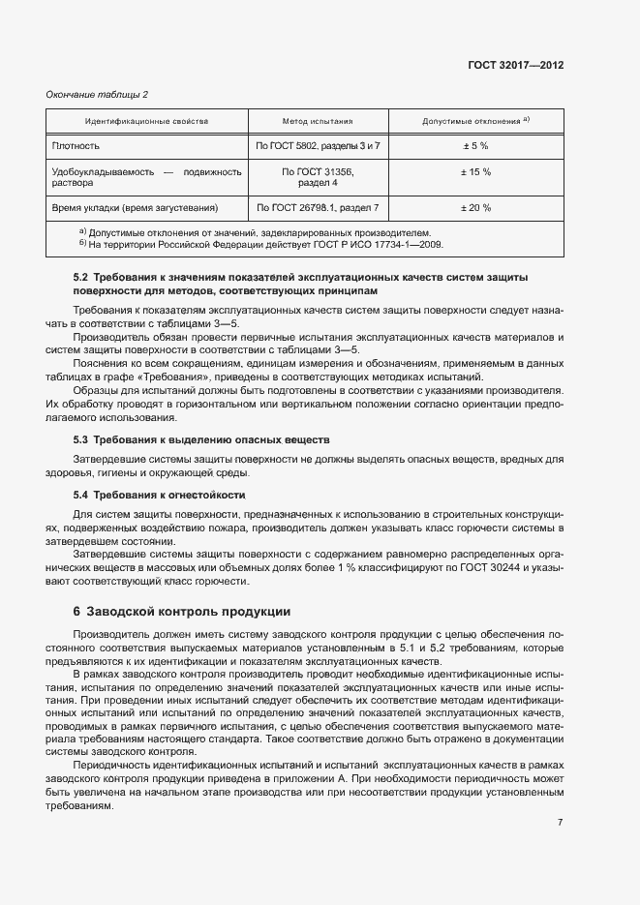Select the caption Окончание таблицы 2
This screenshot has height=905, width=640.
98,94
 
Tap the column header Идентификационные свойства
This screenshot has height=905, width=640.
146,122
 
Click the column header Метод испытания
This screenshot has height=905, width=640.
318,122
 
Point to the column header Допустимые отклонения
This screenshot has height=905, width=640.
475,122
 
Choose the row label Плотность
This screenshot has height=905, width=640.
76,145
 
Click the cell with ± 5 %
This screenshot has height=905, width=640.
475,145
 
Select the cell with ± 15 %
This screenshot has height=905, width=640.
475,171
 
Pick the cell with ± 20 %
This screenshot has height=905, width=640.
475,207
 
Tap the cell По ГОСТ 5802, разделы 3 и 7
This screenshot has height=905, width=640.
318,145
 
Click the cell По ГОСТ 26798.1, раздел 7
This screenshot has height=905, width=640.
318,207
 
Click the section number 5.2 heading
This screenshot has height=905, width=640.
80,278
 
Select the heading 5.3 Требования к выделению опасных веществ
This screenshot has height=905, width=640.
201,439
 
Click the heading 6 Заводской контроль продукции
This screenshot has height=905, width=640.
181,612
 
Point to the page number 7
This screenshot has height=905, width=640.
560,822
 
